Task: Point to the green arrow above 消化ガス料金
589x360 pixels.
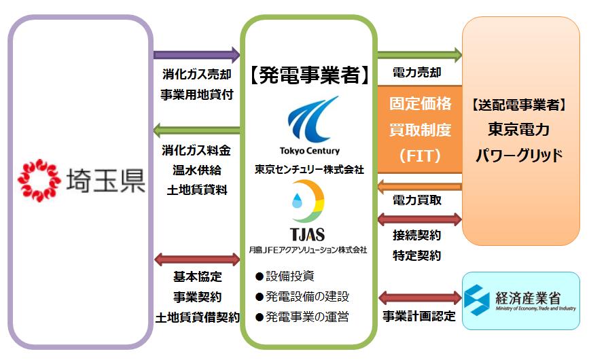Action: click(x=197, y=129)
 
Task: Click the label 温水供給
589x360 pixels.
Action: click(x=197, y=169)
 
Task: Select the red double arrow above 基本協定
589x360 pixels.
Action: click(x=197, y=259)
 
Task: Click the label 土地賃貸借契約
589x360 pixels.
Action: click(x=197, y=317)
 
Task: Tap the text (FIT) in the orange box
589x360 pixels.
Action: click(x=419, y=155)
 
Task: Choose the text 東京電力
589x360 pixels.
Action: click(x=518, y=129)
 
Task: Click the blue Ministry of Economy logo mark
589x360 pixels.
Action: click(x=479, y=299)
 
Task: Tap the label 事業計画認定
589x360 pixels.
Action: click(x=418, y=317)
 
